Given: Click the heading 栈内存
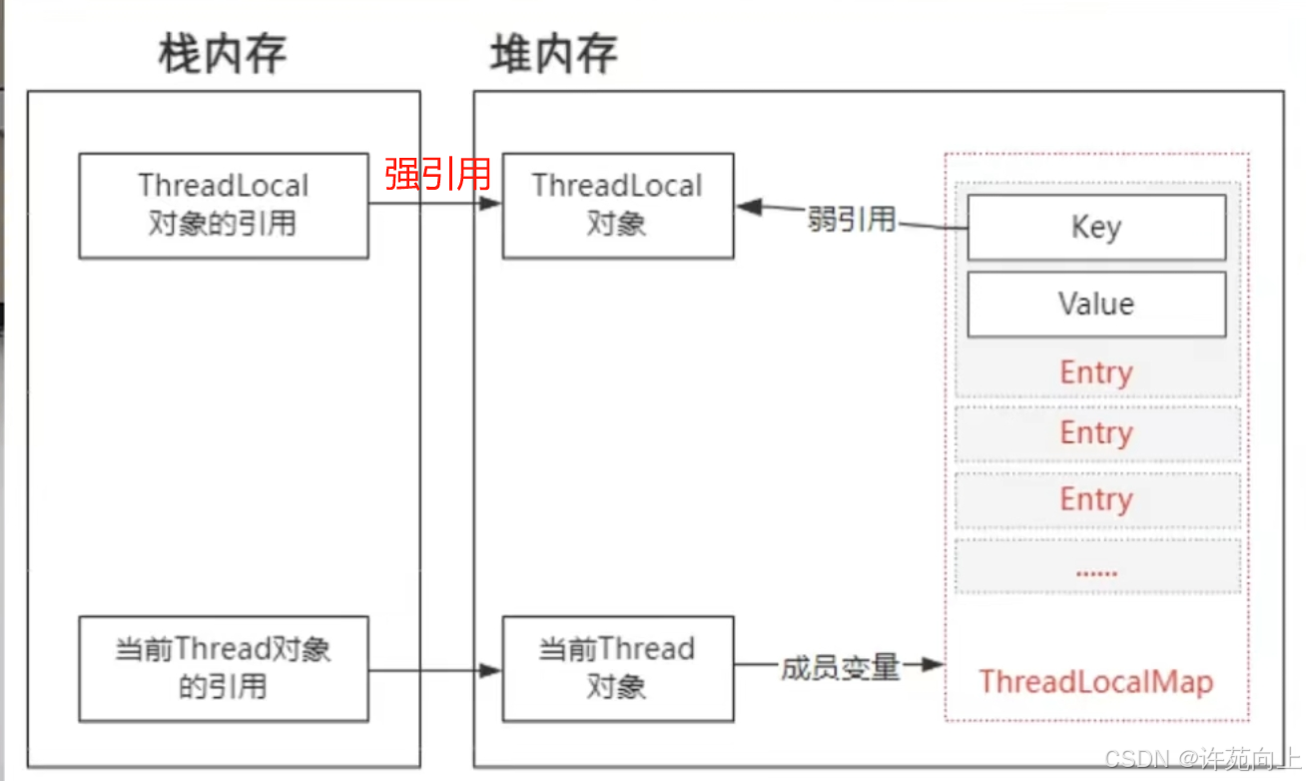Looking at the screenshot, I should point(223,54).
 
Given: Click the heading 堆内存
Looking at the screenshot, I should point(553,54).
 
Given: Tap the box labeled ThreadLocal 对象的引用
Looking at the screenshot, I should point(224,205).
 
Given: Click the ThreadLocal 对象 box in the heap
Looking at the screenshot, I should point(617,205).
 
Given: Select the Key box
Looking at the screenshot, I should point(1095,228).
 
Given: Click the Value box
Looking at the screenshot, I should point(1095,304).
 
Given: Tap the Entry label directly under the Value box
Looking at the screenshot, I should point(1095,373).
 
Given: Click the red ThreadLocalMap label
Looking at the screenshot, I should point(1095,682).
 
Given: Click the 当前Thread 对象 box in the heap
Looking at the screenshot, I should point(617,668).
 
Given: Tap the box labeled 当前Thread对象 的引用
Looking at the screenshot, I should point(224,668).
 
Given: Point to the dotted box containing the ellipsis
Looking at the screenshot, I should point(1096,566).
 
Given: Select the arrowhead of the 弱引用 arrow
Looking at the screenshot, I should point(748,208).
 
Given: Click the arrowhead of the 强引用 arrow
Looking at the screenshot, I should point(490,204).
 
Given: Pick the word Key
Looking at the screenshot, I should point(1095,228).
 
